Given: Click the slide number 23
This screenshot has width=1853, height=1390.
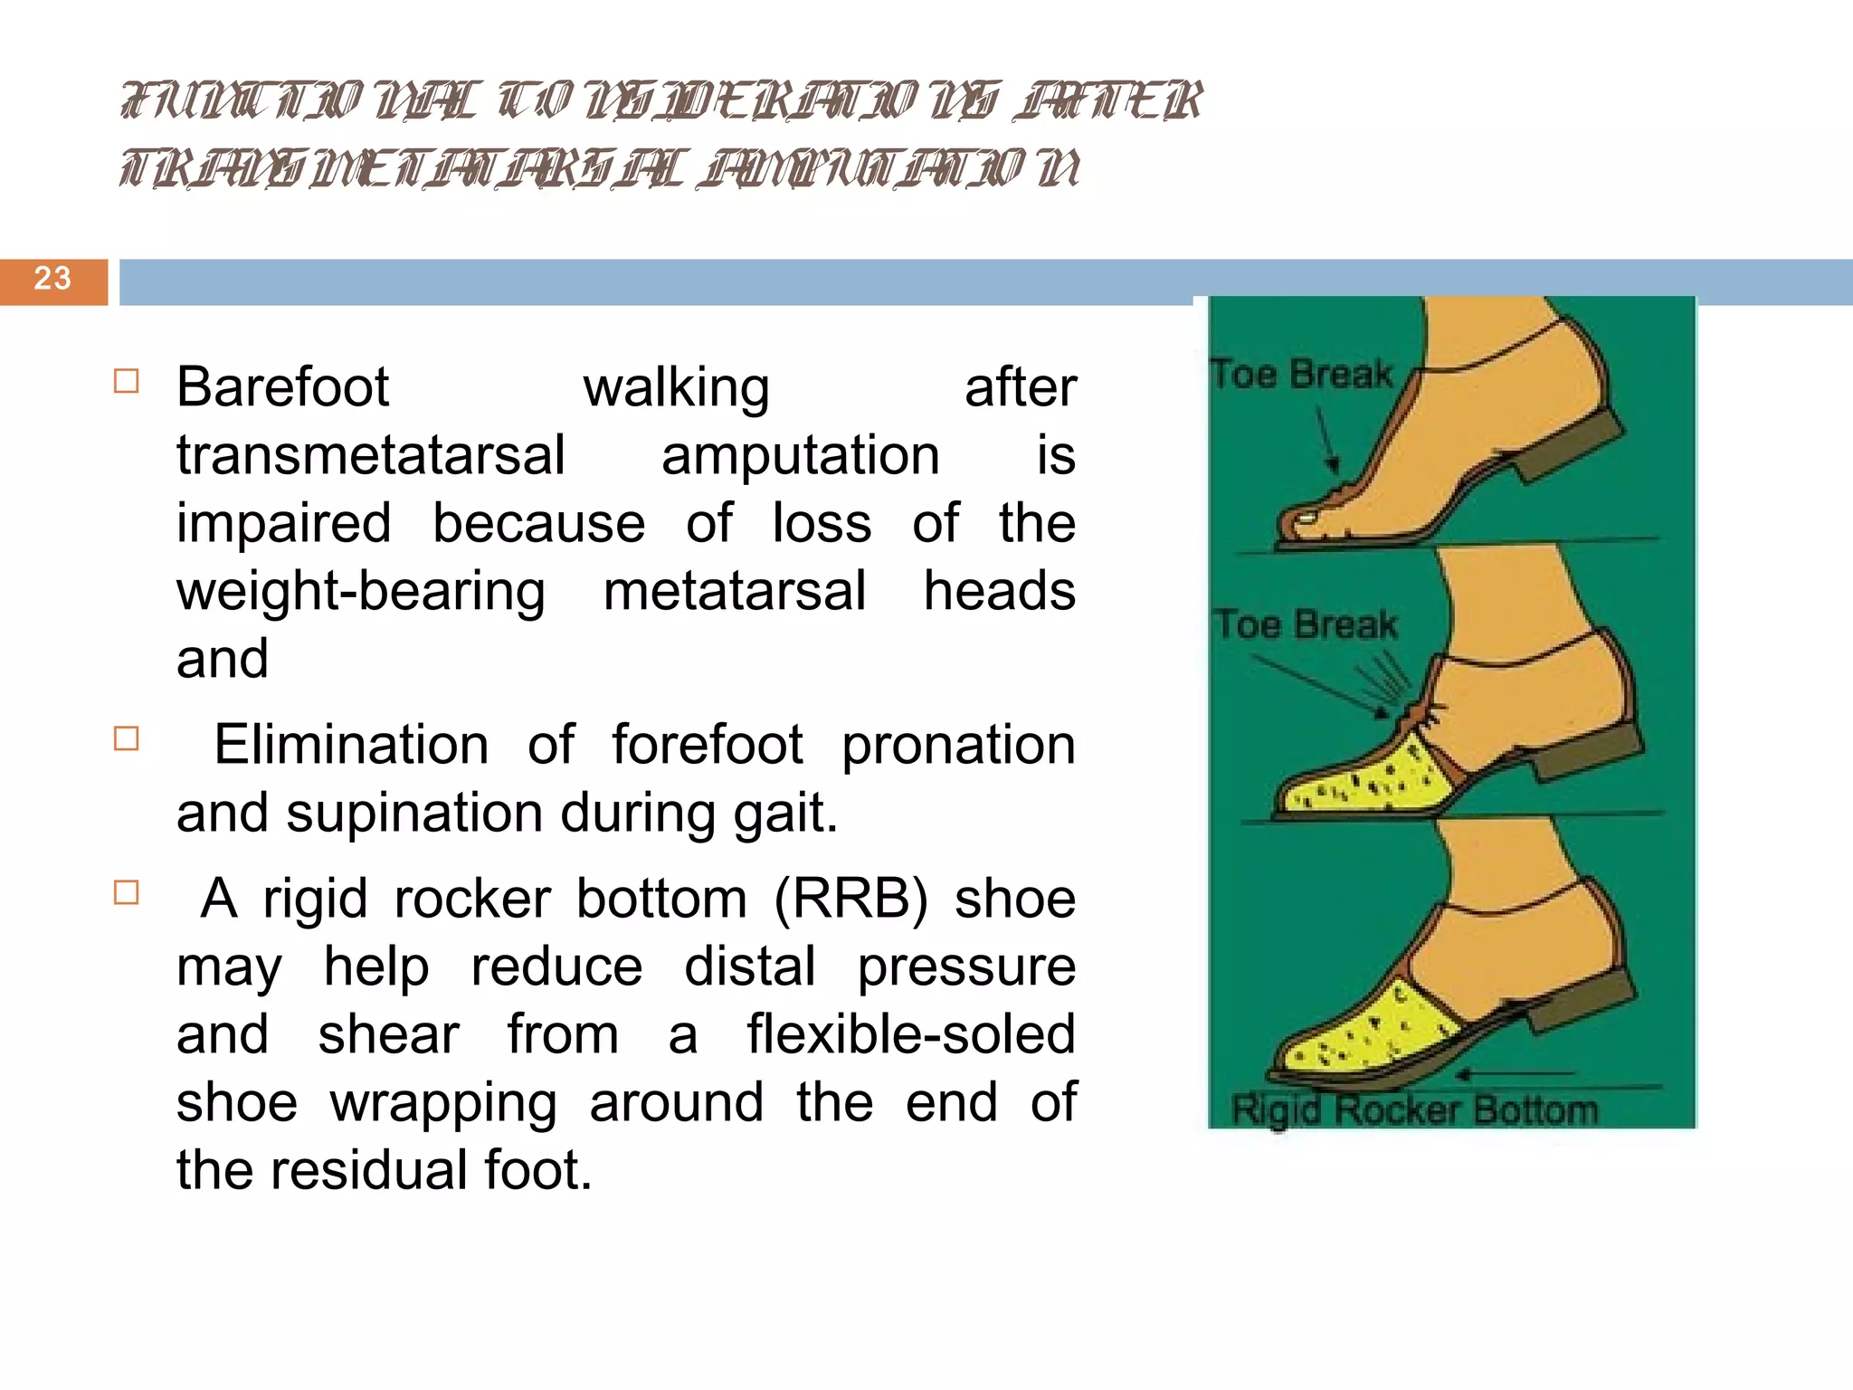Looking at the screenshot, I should (52, 279).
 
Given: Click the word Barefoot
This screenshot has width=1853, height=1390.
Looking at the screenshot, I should (282, 387).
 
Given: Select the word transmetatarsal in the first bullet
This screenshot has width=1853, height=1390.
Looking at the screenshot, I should (370, 455).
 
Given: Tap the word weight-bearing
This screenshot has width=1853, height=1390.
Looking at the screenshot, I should (360, 592).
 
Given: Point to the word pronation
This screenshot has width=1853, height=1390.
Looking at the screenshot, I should (958, 746).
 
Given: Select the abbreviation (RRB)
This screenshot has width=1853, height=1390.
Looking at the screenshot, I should (850, 900).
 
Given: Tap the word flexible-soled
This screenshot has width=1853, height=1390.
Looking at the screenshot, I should (911, 1035).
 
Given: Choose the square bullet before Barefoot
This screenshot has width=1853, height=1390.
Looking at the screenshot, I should (127, 381).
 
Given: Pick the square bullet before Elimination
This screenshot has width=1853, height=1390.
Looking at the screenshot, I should (127, 739).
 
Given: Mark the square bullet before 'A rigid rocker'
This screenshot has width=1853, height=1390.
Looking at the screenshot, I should (127, 893).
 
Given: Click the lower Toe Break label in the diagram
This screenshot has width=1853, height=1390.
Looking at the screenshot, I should (1306, 625).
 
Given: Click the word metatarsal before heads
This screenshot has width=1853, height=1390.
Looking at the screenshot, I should (735, 592).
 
